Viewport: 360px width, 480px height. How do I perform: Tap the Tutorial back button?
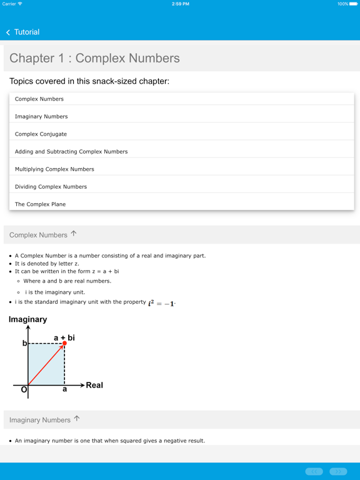tap(22, 32)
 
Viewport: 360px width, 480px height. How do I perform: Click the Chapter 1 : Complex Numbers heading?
tap(94, 58)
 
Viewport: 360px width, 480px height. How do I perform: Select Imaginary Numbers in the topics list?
tap(41, 116)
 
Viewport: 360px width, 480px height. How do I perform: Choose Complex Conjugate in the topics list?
tap(41, 134)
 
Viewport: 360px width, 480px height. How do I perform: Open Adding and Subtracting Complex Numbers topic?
tap(71, 151)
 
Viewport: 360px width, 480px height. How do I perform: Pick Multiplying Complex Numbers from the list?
tap(54, 169)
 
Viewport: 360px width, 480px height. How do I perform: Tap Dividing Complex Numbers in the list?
tap(51, 186)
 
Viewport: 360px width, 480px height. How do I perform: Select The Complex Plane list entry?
tap(40, 204)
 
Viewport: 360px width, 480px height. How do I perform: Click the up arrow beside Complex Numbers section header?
tap(74, 234)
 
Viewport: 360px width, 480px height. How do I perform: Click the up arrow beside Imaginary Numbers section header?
tap(77, 419)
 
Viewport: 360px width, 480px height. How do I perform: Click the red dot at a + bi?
tap(64, 343)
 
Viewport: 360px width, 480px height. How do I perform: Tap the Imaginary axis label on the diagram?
tap(27, 319)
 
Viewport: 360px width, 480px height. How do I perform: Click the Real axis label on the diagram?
tap(94, 385)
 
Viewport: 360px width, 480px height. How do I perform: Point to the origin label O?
tap(24, 390)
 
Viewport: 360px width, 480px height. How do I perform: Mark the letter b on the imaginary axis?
tap(25, 343)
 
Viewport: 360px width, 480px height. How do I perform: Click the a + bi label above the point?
tap(64, 337)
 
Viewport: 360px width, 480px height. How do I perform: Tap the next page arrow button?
tap(338, 471)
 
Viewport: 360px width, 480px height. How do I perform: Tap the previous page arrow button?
tap(314, 471)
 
